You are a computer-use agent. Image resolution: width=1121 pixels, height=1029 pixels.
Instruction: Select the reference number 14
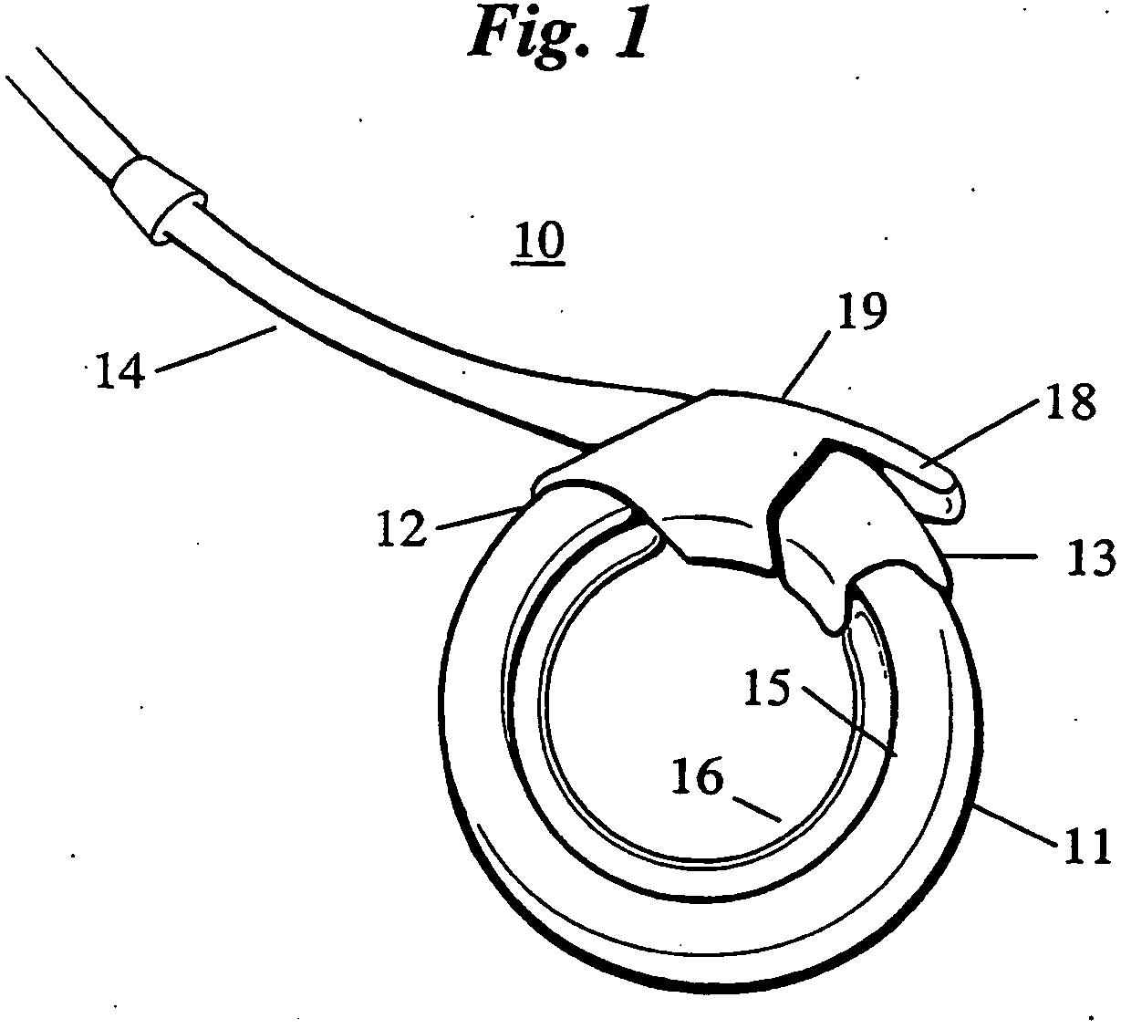coord(121,371)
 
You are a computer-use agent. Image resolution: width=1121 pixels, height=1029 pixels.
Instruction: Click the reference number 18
coord(1070,401)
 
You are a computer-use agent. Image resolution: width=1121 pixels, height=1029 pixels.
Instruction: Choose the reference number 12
coord(401,529)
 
